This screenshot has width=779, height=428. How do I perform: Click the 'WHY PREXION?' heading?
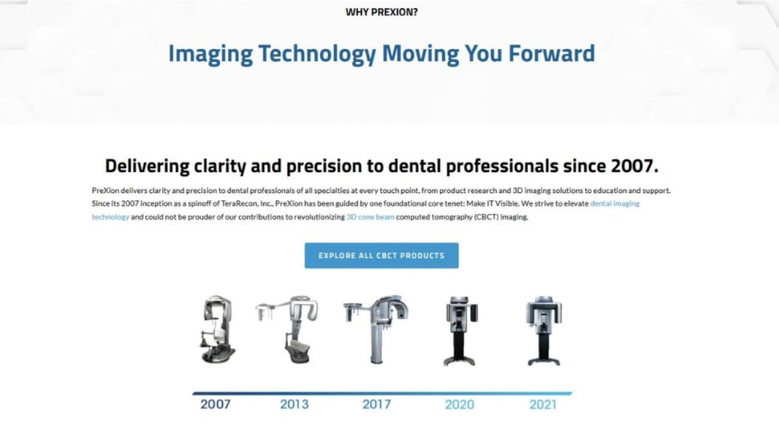[x=382, y=12]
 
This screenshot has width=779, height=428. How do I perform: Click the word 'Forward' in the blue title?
[x=552, y=53]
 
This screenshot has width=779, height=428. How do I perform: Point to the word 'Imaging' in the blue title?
[x=210, y=54]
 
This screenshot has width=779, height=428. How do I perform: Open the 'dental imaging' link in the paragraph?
[x=615, y=203]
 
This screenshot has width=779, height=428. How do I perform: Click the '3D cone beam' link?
[x=370, y=217]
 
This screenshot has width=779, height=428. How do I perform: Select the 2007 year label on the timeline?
[x=215, y=405]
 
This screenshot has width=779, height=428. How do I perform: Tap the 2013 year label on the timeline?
[x=294, y=405]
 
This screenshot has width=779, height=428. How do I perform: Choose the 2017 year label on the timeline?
[x=377, y=405]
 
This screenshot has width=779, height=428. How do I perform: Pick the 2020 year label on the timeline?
[x=459, y=405]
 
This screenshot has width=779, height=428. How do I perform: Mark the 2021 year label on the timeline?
[x=543, y=405]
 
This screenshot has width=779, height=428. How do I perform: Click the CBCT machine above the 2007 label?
[x=217, y=329]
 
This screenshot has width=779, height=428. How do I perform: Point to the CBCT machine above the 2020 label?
[x=460, y=331]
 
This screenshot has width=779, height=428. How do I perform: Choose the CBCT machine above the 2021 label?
[x=544, y=331]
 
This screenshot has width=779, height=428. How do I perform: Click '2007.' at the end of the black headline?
[x=635, y=166]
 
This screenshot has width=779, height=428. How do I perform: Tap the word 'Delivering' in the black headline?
[x=147, y=166]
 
